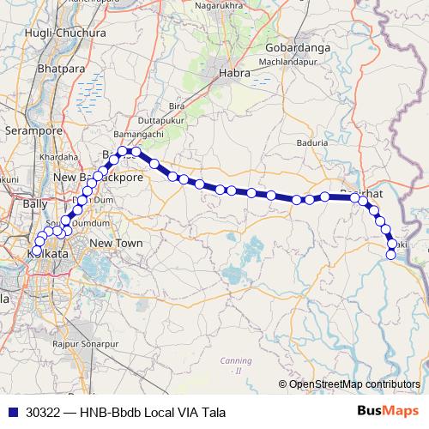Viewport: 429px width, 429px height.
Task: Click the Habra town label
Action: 235,73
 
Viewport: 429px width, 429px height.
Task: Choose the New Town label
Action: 116,244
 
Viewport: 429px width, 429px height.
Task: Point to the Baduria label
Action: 310,143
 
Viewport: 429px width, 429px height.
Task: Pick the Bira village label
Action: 177,105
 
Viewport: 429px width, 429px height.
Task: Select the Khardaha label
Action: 58,158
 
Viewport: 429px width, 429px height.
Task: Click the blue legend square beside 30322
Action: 10,412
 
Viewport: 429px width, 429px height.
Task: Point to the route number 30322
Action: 43,412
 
